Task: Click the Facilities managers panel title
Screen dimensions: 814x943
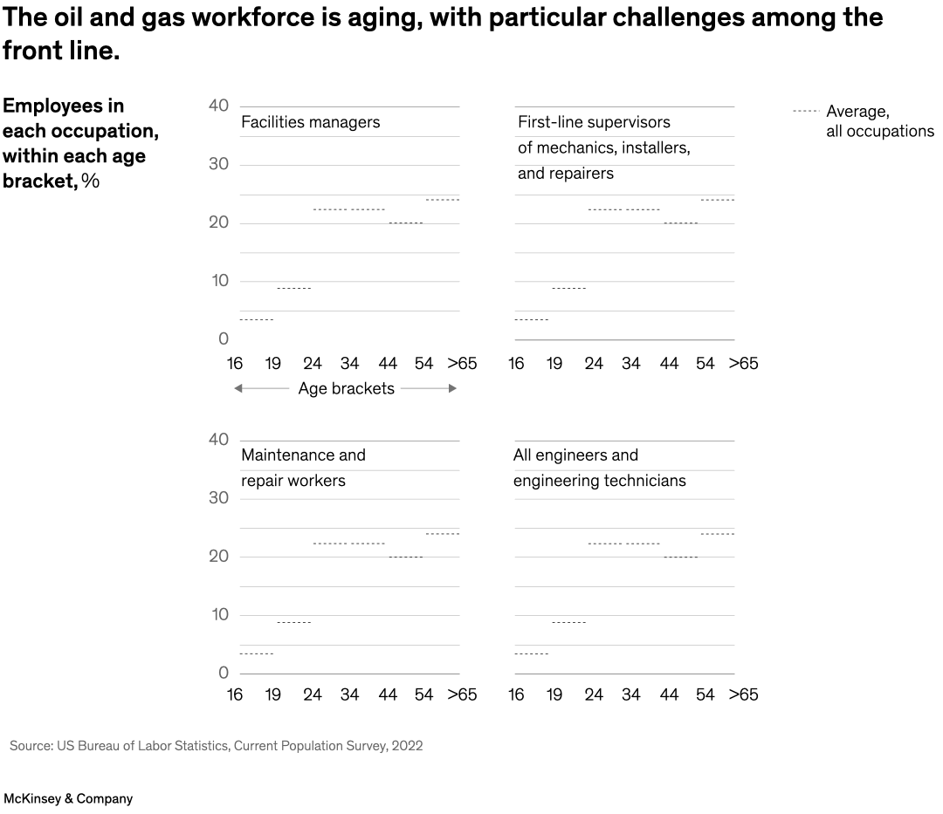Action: [310, 122]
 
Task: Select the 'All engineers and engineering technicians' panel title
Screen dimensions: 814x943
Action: [599, 469]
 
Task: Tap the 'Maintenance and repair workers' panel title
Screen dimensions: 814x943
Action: [303, 469]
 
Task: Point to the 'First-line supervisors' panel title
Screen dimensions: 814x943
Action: [603, 147]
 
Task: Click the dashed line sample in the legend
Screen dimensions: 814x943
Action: [804, 112]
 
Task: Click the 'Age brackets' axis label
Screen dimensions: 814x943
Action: [346, 389]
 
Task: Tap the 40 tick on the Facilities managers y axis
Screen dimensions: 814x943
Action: [218, 106]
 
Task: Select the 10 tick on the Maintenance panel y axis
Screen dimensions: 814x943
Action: [218, 615]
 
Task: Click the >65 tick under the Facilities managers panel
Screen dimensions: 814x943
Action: [462, 364]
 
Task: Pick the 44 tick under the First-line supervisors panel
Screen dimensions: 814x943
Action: [669, 364]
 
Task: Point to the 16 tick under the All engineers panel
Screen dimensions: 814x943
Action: [516, 695]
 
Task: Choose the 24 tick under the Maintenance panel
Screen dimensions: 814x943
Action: [313, 695]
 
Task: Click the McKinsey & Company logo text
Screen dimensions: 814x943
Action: [68, 798]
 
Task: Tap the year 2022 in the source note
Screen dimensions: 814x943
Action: [407, 746]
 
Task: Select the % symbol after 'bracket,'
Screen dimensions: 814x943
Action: [91, 181]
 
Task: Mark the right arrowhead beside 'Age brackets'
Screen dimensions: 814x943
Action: [452, 389]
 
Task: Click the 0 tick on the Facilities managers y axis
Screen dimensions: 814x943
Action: [224, 339]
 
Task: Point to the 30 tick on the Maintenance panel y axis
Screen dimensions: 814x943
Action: [218, 498]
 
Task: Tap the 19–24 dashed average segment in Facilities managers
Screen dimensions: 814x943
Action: [293, 288]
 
